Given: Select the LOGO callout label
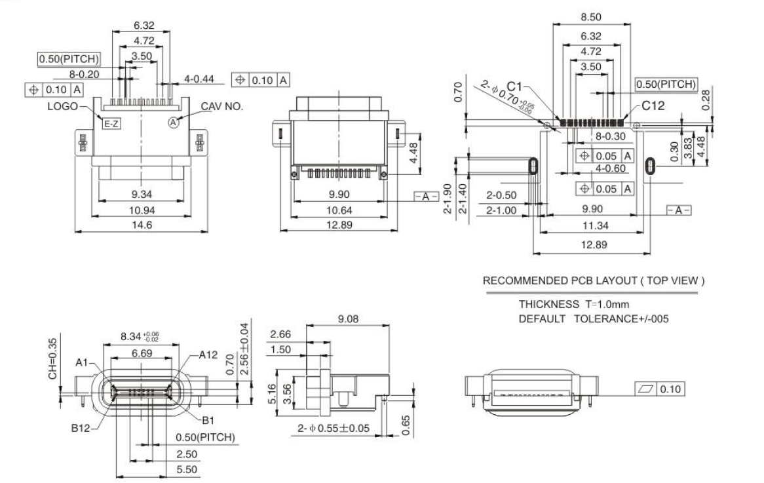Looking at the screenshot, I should [62, 106].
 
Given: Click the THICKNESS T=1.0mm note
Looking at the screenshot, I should [574, 305].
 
